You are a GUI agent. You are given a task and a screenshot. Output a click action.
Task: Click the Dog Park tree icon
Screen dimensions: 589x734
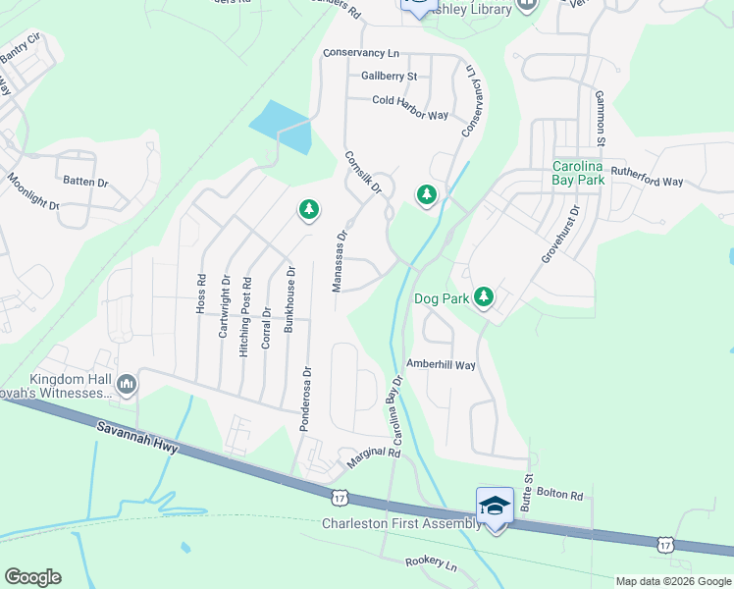pos(483,296)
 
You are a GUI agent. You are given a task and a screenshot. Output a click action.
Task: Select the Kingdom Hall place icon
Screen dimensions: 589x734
pos(126,384)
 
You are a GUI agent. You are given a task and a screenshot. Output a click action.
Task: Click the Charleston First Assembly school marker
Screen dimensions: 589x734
pos(495,506)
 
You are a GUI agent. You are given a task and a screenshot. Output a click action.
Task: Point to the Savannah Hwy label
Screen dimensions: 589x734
pos(138,438)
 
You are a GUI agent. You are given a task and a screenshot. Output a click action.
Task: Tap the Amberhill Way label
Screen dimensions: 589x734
pos(441,364)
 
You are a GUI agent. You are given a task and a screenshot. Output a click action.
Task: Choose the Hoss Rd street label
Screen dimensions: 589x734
pos(201,293)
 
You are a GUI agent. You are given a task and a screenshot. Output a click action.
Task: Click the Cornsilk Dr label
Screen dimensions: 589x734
pos(361,173)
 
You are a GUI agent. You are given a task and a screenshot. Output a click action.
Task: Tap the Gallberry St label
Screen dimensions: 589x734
pos(389,76)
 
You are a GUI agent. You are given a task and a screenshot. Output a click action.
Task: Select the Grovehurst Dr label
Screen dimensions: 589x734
pos(561,234)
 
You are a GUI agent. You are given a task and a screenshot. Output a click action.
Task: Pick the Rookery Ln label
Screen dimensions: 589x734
pos(432,564)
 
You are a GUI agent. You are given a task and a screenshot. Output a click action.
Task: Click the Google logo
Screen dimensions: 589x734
pos(32,577)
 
